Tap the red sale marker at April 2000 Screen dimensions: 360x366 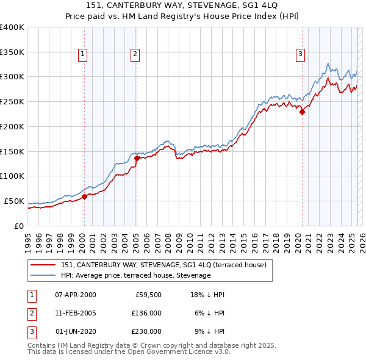click(85, 196)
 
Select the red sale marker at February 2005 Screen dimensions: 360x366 click(137, 158)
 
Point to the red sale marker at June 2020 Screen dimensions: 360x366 click(302, 112)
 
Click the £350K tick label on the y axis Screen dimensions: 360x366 click(12, 52)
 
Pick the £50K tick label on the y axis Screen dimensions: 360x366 click(14, 201)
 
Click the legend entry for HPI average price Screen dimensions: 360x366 click(135, 275)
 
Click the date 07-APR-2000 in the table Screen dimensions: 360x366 click(75, 295)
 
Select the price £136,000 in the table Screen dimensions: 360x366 click(146, 313)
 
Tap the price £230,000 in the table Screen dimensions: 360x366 click(146, 331)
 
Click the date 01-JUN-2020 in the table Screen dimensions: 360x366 click(75, 331)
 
